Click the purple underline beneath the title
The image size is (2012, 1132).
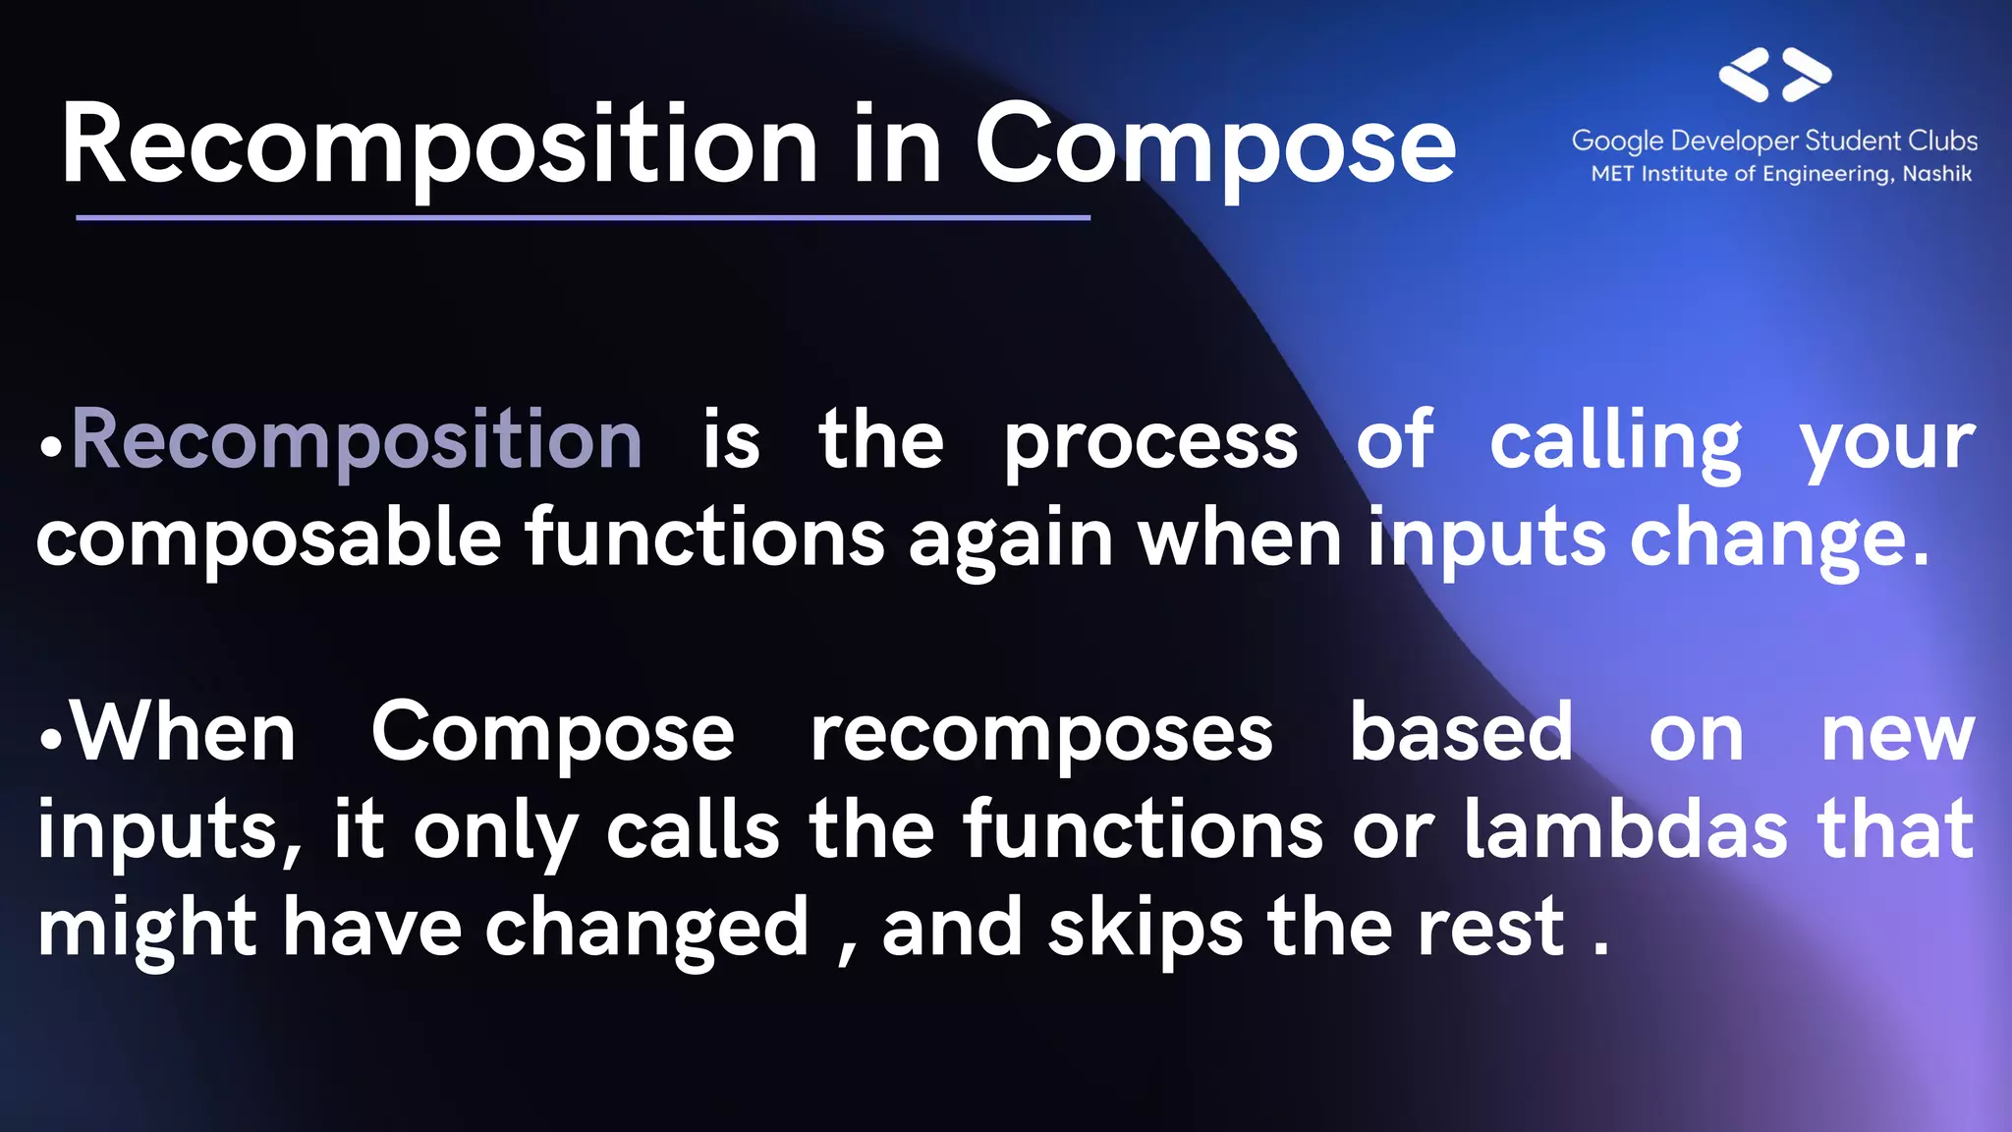point(583,217)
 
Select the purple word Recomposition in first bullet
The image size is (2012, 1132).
point(357,440)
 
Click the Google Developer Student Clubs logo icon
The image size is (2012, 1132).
point(1774,75)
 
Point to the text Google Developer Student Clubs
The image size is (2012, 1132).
point(1774,141)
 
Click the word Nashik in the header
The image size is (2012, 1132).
point(1936,174)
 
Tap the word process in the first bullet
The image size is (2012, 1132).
point(1150,442)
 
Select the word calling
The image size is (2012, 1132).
point(1615,442)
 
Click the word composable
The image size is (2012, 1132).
point(268,538)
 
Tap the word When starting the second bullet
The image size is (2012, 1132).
point(185,732)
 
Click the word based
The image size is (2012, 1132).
point(1461,732)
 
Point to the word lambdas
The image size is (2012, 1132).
point(1625,829)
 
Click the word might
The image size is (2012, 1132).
point(147,929)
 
